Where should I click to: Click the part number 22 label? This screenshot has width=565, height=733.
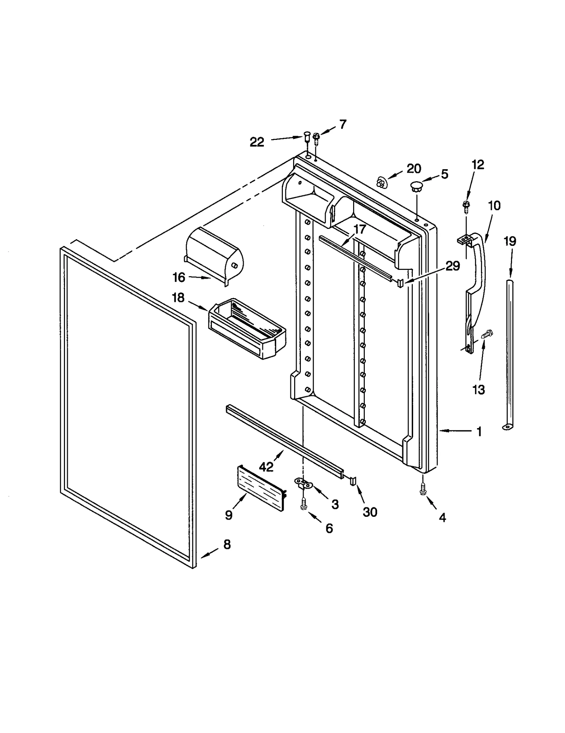[257, 142]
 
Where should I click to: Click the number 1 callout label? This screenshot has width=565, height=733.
[479, 431]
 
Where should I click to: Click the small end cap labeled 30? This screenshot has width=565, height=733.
[353, 481]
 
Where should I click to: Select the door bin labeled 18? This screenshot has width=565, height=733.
[247, 329]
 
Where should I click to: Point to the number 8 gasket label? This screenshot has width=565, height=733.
[227, 544]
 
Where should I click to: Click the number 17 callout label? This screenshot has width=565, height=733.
[359, 229]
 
